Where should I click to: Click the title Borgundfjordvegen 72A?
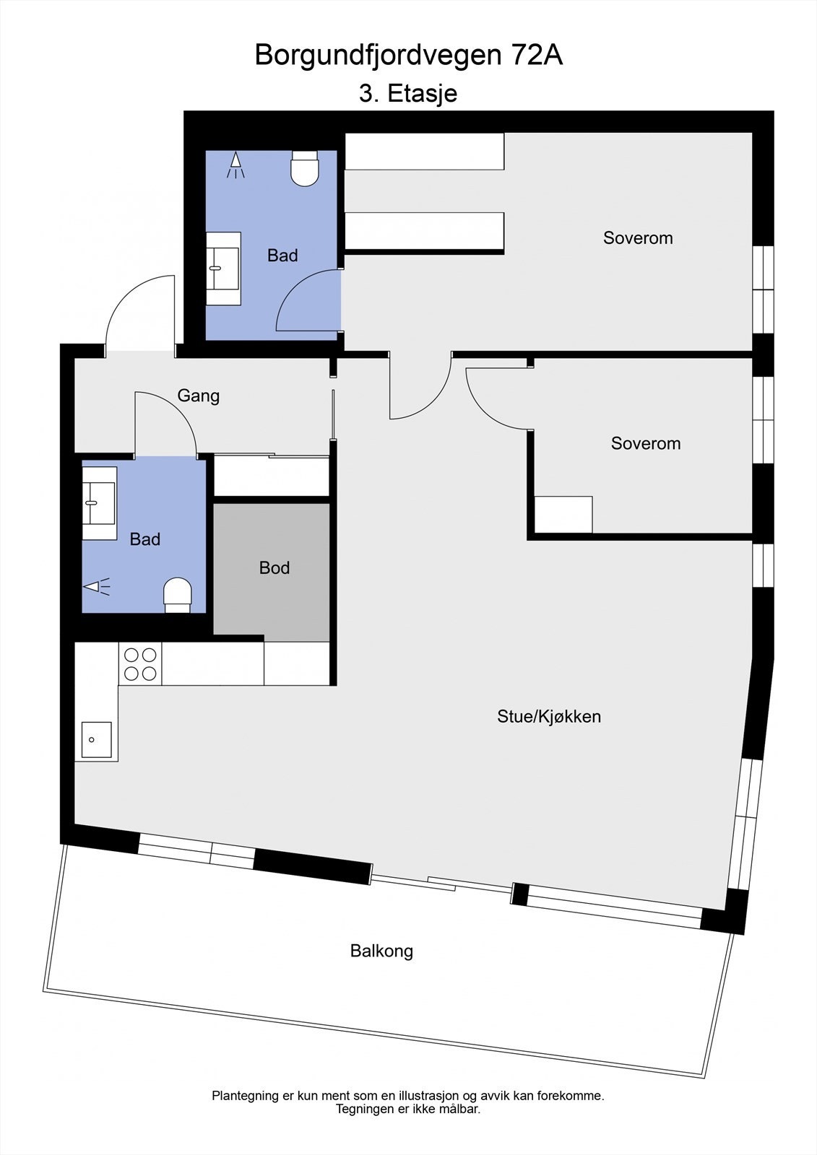coord(408,56)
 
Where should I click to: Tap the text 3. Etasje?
coord(408,93)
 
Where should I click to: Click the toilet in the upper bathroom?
coord(305,169)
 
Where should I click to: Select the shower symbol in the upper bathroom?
coord(235,165)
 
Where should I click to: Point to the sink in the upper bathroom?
coord(223,269)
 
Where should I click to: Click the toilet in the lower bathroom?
coord(178,594)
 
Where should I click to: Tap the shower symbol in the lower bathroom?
coord(98,586)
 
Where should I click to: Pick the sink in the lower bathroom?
coord(99,503)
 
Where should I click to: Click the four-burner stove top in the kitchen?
coord(140,664)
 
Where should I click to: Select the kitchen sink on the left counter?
coord(96,739)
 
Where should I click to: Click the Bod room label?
coord(275,568)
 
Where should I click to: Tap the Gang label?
coord(199,396)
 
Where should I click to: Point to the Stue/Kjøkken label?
coord(549,716)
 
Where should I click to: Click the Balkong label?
coord(381,951)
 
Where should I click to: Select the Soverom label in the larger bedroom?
coord(638,237)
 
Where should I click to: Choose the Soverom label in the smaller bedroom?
coord(646,443)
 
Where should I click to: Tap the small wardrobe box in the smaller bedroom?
coord(563,514)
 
